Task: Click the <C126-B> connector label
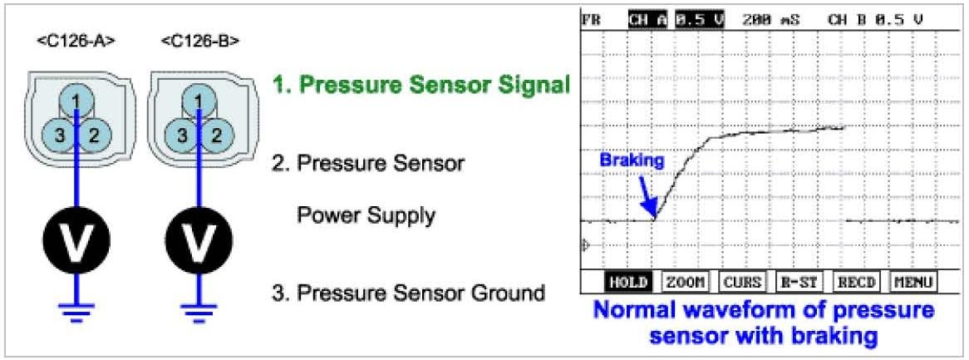click(199, 42)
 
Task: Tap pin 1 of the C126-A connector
click(76, 100)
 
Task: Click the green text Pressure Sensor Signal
click(421, 86)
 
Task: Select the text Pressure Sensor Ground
click(408, 293)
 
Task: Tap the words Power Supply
click(367, 216)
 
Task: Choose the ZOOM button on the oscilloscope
click(683, 282)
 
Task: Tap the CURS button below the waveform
click(741, 282)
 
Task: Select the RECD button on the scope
click(856, 282)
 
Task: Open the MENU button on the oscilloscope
click(912, 282)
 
